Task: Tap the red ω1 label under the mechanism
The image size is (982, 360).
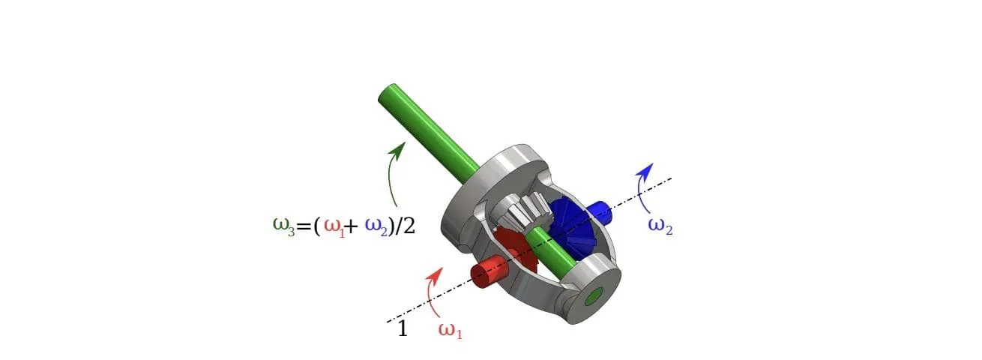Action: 450,330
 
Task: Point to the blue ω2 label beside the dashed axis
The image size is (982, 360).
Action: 660,226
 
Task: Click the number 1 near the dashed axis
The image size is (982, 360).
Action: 403,329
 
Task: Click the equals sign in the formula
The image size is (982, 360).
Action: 302,226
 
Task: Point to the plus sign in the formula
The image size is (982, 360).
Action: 350,226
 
